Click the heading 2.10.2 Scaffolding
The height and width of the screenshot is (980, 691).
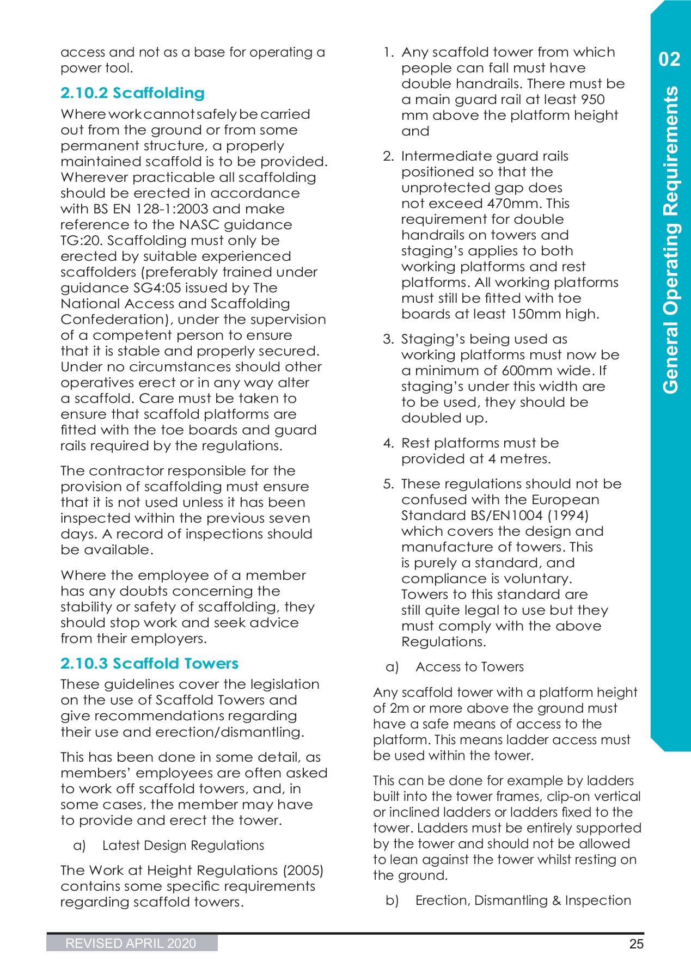tap(132, 93)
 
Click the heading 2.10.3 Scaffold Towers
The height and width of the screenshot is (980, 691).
tap(149, 664)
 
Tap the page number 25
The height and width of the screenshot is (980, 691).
tap(636, 944)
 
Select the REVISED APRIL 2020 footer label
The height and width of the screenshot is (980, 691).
tap(131, 944)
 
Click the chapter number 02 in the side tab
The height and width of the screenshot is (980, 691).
tap(669, 59)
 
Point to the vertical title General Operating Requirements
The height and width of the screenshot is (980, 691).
tap(671, 240)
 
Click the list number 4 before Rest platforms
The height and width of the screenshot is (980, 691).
tap(388, 443)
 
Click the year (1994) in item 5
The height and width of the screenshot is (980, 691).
tap(568, 516)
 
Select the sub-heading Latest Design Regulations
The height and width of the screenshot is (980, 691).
tap(183, 846)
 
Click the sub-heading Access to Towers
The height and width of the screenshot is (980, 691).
tap(469, 667)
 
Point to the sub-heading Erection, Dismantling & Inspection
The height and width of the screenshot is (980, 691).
tap(523, 901)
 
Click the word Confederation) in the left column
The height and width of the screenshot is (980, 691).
tap(117, 320)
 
